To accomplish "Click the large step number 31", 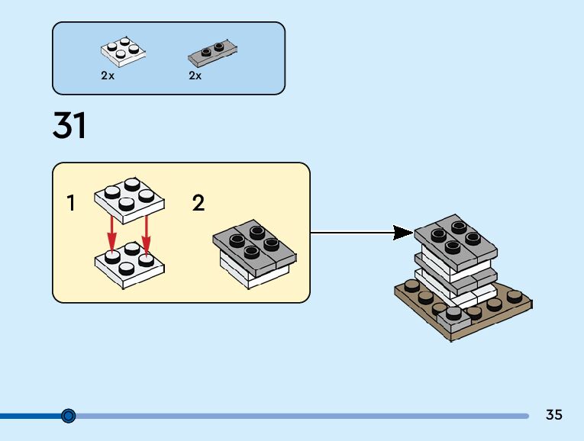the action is point(69,125).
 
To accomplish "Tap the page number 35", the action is point(553,414).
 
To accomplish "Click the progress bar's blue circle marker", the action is point(68,415).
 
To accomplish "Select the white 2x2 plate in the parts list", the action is point(123,52).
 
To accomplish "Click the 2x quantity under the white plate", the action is point(108,76).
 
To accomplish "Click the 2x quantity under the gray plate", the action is point(195,76).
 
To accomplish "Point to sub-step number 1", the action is point(71,203).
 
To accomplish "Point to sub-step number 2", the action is point(198,203).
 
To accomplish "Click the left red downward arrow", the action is point(111,234).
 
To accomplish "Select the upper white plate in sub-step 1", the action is point(129,200).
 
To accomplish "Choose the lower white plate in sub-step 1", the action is point(129,265).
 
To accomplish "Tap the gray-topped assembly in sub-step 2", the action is point(255,254).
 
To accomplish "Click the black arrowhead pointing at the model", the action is point(403,233).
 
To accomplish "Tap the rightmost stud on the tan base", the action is point(515,296).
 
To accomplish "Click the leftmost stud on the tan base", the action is point(411,285).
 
